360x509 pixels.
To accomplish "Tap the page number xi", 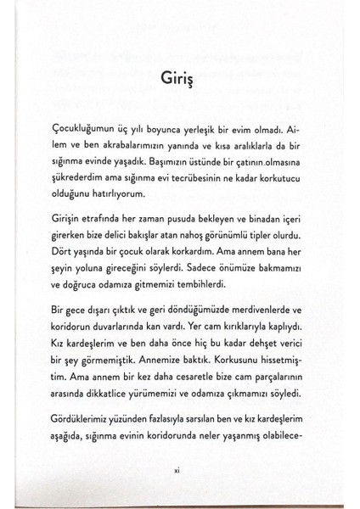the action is [180, 473].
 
